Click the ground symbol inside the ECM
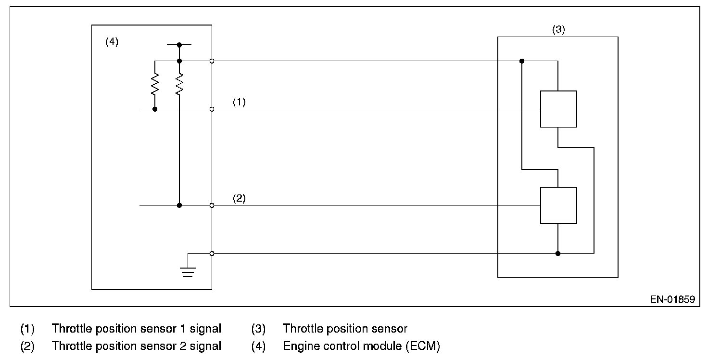pyautogui.click(x=188, y=272)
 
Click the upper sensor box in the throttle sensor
pyautogui.click(x=558, y=109)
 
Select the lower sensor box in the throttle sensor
pyautogui.click(x=558, y=205)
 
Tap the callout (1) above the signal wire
pyautogui.click(x=239, y=102)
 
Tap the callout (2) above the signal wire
pyautogui.click(x=239, y=198)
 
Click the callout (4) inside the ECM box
pyautogui.click(x=112, y=41)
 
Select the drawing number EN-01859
pyautogui.click(x=672, y=299)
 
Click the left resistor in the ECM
pyautogui.click(x=155, y=84)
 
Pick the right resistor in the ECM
pyautogui.click(x=179, y=84)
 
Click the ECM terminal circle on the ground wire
pyautogui.click(x=212, y=253)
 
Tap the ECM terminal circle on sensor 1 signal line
pyautogui.click(x=212, y=109)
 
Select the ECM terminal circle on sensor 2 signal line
pyautogui.click(x=212, y=206)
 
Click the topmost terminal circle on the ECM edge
pyautogui.click(x=212, y=61)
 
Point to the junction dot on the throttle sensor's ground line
pyautogui.click(x=558, y=253)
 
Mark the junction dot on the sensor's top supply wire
pyautogui.click(x=522, y=61)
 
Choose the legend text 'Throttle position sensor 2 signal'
pyautogui.click(x=137, y=346)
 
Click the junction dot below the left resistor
pyautogui.click(x=155, y=109)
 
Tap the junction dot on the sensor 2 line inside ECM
pyautogui.click(x=179, y=206)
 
